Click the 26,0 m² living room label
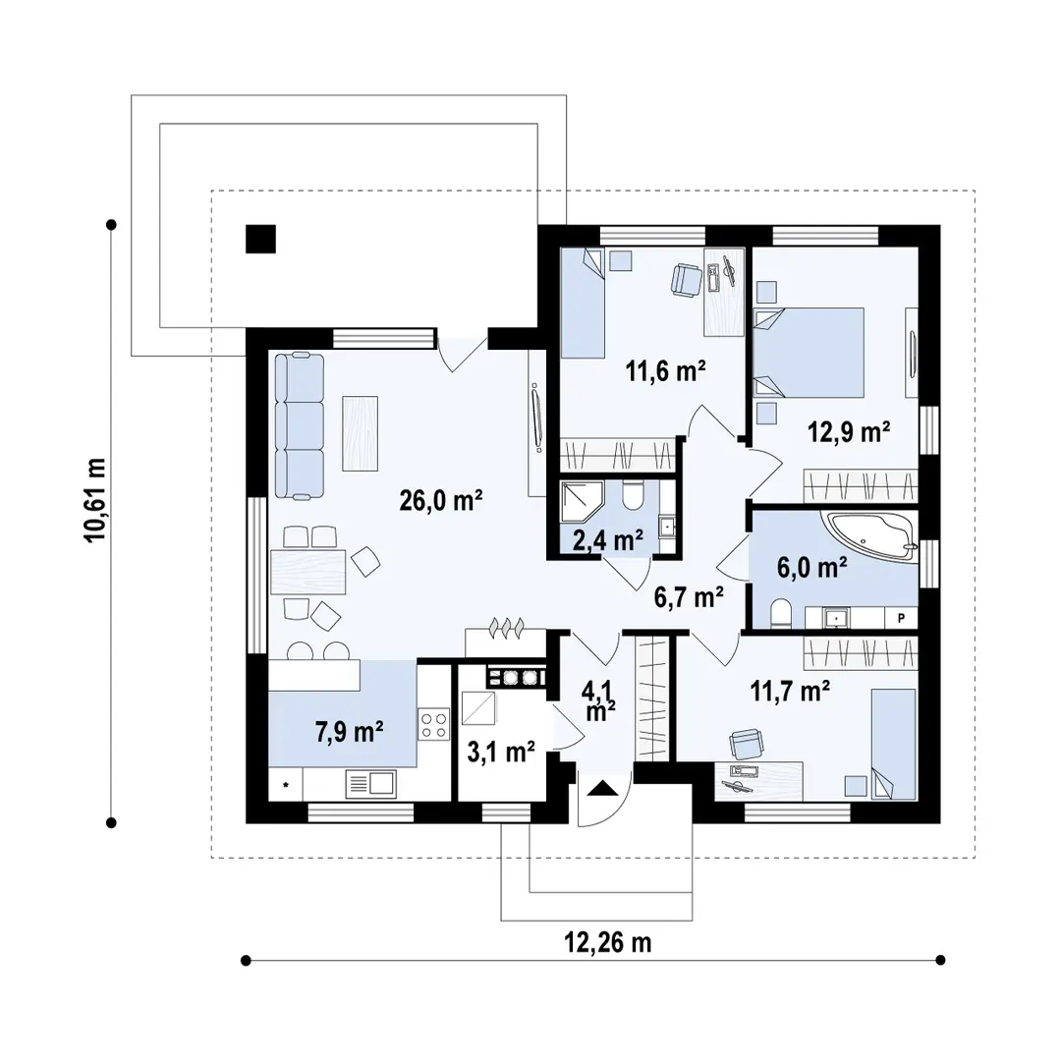pos(440,501)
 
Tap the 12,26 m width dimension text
pos(608,943)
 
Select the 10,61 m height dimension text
pos(95,500)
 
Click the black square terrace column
pos(260,239)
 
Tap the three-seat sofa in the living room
pos(300,425)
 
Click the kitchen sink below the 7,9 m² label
pos(370,783)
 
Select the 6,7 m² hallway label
pos(689,594)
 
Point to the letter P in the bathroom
pos(900,617)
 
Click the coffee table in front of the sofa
pos(360,432)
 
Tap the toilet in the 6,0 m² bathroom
pos(782,614)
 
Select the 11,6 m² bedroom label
pos(667,371)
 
